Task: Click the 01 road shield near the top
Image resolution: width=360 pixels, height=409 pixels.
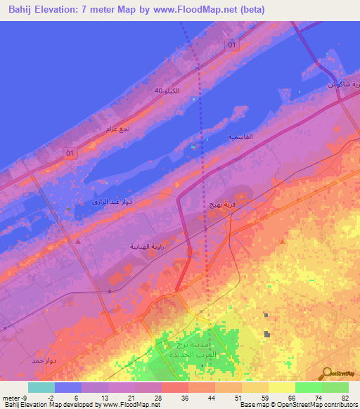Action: pos(231,44)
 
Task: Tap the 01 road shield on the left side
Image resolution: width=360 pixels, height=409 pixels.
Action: pos(69,152)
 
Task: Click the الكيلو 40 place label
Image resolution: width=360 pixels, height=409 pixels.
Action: pos(162,91)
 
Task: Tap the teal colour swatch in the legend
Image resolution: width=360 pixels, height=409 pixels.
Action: pos(41,387)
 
